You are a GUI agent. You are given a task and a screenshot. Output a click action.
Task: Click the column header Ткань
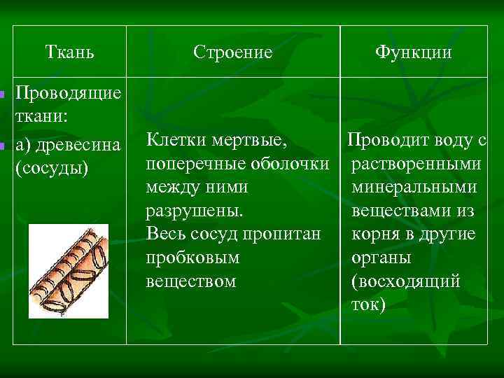[x=70, y=52]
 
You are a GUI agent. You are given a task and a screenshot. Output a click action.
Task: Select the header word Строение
[x=233, y=52]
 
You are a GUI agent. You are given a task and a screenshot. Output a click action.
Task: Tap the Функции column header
[x=413, y=52]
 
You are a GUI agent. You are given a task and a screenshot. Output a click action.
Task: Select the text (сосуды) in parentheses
[x=51, y=169]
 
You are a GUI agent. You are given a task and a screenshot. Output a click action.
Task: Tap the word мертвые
[x=251, y=141]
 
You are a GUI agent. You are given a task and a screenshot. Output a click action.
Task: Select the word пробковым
[x=192, y=258]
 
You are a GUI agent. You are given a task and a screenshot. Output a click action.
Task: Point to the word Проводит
[x=387, y=141]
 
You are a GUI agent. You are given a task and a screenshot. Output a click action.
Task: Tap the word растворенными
[x=416, y=164]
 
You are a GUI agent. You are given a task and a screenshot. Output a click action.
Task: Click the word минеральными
[x=414, y=188]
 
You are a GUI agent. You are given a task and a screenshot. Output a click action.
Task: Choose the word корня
[x=377, y=234]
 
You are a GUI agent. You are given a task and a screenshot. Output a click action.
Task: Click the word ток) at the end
[x=368, y=304]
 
